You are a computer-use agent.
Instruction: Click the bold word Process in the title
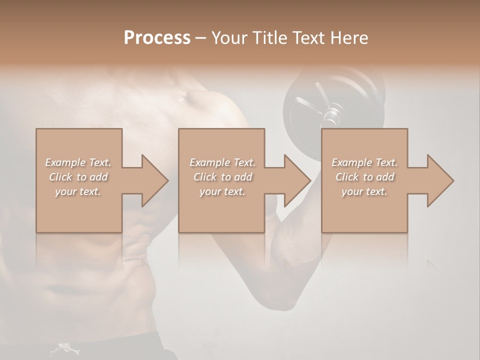click(157, 38)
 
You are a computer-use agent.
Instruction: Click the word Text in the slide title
click(309, 38)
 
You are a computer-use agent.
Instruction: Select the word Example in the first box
click(64, 162)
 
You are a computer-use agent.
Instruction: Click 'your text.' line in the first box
click(78, 191)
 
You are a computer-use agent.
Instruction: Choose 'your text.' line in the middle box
click(222, 191)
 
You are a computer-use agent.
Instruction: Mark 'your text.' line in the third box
click(364, 191)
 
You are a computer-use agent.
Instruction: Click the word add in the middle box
click(243, 177)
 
